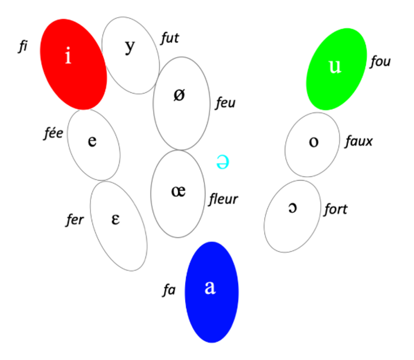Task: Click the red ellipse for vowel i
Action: [74, 64]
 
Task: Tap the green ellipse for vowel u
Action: [337, 69]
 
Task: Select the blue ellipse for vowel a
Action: [212, 292]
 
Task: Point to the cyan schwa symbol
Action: [222, 161]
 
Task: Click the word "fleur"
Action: [223, 199]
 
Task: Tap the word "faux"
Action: [359, 141]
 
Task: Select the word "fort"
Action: [335, 209]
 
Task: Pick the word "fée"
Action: [54, 133]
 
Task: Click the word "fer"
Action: [75, 220]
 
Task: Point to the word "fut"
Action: [170, 38]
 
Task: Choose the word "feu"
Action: [225, 103]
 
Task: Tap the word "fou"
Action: [380, 61]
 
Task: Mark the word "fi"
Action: [23, 47]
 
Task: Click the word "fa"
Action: [169, 290]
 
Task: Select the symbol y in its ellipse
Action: [130, 48]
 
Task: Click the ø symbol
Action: [179, 95]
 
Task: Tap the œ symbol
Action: [178, 191]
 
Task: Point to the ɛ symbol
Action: [115, 219]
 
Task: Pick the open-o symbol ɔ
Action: [293, 207]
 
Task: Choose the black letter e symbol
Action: [92, 141]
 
